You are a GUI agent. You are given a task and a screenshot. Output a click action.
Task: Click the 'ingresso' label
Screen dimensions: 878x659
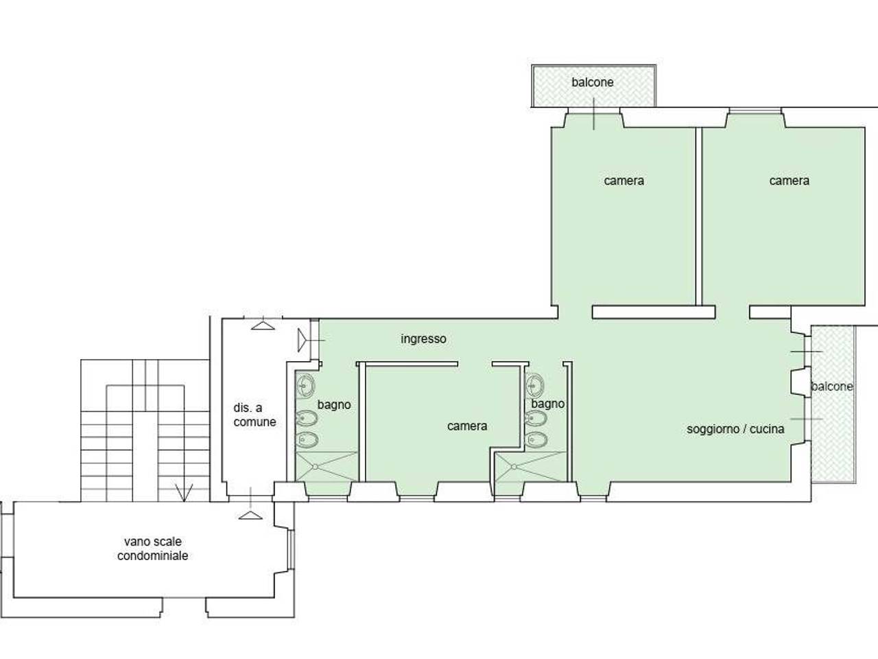[x=424, y=339]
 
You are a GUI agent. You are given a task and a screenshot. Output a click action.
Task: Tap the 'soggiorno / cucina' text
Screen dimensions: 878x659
[x=735, y=429]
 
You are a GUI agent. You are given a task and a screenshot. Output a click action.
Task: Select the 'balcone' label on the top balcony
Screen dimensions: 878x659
[x=593, y=82]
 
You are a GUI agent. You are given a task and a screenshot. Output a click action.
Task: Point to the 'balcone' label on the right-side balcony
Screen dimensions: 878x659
[x=831, y=386]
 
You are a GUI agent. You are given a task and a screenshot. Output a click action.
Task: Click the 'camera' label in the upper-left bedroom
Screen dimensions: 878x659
[x=624, y=181]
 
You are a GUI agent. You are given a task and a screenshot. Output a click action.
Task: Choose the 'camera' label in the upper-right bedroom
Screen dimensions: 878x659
[x=790, y=181]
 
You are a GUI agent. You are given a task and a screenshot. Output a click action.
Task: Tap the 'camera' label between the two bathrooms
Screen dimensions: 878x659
[x=467, y=426]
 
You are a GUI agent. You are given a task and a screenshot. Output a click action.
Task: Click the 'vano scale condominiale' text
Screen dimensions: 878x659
[x=153, y=548]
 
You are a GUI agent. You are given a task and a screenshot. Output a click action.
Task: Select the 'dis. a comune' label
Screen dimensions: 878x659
[x=254, y=415]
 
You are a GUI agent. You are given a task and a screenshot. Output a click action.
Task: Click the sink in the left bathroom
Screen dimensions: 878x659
[x=306, y=386]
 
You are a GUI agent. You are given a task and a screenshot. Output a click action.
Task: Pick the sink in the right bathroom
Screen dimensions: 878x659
[x=535, y=386]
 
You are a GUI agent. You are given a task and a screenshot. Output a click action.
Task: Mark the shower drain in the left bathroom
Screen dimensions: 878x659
[x=316, y=467]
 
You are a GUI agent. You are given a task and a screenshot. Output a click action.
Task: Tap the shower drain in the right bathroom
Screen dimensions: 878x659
[x=514, y=467]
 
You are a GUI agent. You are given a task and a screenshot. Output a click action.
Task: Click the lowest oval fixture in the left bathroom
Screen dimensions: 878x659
[x=307, y=440]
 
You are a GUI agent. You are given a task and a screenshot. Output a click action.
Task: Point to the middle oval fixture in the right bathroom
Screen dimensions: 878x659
[x=536, y=419]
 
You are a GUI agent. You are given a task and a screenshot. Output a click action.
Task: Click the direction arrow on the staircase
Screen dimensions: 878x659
[x=184, y=493]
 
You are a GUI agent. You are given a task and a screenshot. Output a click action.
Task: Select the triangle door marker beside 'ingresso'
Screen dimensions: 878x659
[x=302, y=340]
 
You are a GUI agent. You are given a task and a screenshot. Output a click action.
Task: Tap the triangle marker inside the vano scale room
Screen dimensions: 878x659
[x=250, y=515]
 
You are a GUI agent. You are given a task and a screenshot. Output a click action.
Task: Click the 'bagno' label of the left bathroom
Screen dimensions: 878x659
[x=334, y=405]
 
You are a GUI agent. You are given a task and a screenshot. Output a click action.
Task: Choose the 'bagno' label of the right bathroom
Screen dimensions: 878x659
[x=547, y=404]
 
